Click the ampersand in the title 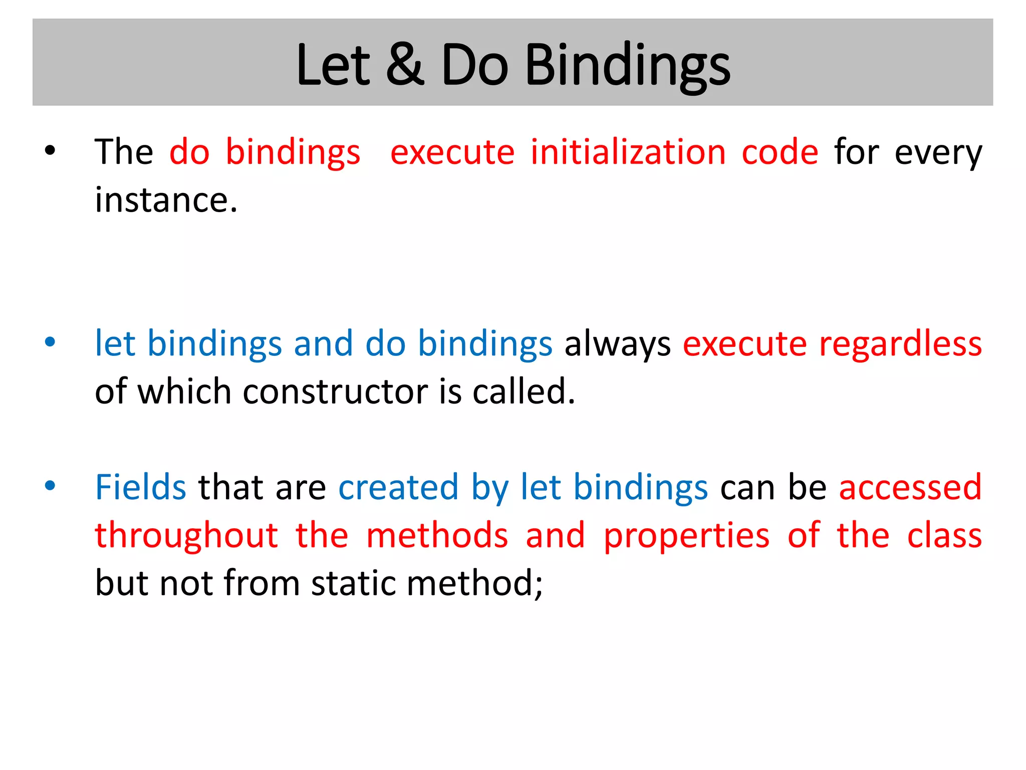pyautogui.click(x=405, y=65)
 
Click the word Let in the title pyautogui.click(x=333, y=65)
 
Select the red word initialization pyautogui.click(x=628, y=152)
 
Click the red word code pyautogui.click(x=780, y=152)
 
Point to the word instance pyautogui.click(x=166, y=200)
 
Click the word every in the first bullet pyautogui.click(x=938, y=153)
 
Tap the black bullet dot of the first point pyautogui.click(x=50, y=150)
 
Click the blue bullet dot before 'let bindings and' pyautogui.click(x=50, y=342)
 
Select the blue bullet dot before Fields pyautogui.click(x=50, y=485)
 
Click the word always pyautogui.click(x=617, y=344)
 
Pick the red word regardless pyautogui.click(x=900, y=344)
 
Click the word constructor pyautogui.click(x=335, y=392)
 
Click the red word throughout pyautogui.click(x=186, y=535)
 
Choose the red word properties pyautogui.click(x=686, y=536)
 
